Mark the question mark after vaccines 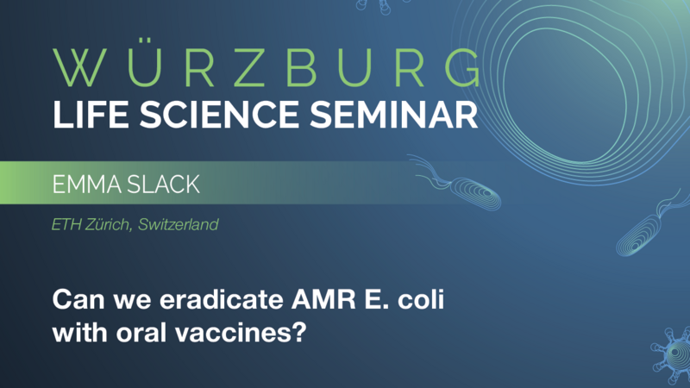(x=301, y=333)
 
